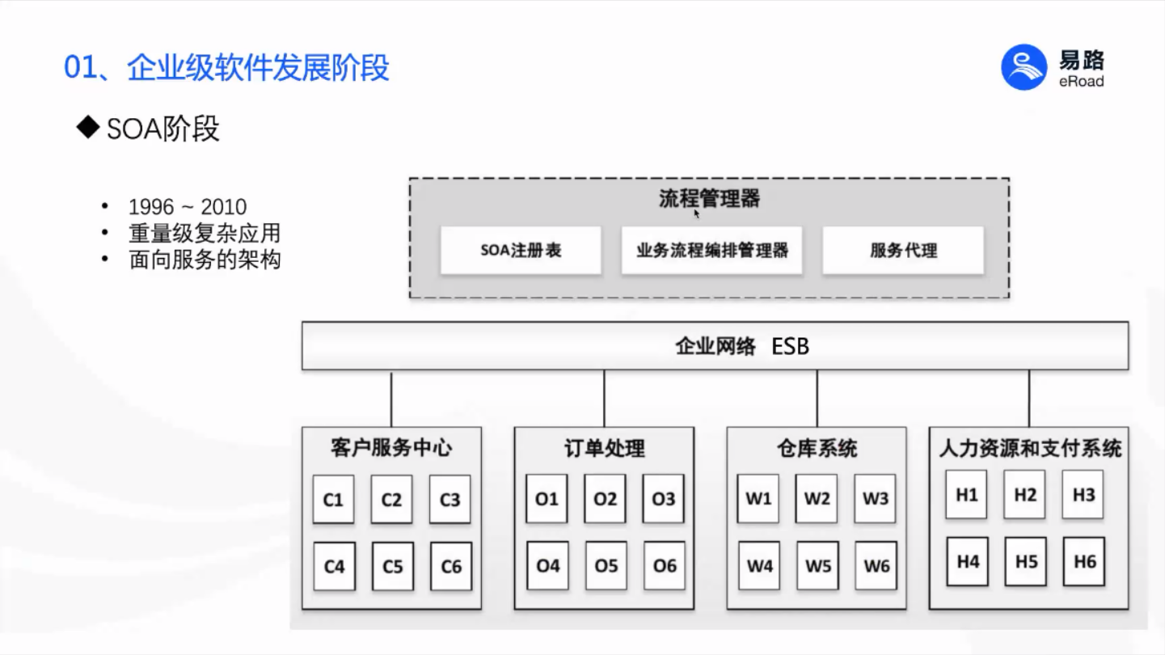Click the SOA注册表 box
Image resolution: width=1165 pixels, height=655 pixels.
click(521, 250)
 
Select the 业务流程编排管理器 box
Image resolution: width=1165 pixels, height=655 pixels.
click(711, 250)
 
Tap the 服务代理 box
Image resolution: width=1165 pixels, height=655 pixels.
click(903, 250)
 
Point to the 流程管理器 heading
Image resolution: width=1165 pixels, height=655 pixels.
click(709, 198)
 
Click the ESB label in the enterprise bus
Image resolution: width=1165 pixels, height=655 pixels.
click(790, 347)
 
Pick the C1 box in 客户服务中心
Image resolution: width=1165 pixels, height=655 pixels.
click(333, 500)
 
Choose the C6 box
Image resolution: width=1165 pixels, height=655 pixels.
click(451, 567)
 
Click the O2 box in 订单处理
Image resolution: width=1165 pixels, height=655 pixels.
click(605, 499)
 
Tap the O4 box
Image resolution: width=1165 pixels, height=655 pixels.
click(547, 566)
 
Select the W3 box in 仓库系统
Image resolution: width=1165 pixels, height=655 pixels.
click(875, 499)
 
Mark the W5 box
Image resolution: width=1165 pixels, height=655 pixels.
click(817, 566)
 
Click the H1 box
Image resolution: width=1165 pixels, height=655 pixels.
click(966, 495)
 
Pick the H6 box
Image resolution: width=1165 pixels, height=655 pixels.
click(1084, 561)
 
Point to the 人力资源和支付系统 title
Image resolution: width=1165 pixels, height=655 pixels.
click(1029, 449)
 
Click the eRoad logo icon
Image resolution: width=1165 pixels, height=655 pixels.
click(1024, 67)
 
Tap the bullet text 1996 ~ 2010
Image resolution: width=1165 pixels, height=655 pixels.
click(187, 207)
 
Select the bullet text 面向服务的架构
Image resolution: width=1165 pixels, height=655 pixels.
click(205, 260)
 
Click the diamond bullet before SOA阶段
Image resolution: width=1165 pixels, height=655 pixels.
click(87, 128)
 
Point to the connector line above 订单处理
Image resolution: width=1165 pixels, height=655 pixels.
click(604, 399)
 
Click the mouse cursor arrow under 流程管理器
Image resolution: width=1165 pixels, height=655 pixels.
click(697, 214)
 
